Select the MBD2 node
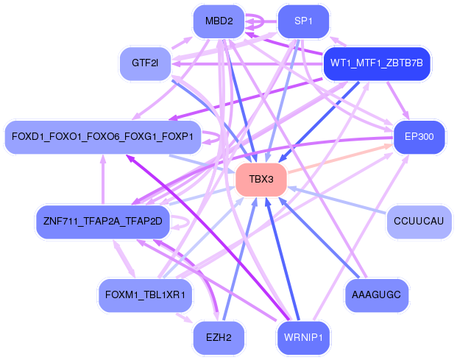[219, 21]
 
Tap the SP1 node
[303, 21]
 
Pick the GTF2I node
[145, 63]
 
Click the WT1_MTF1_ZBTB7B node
[376, 63]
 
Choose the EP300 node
[419, 137]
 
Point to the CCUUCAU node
[419, 222]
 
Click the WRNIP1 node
[303, 338]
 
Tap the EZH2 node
[219, 338]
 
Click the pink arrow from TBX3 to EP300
[339, 158]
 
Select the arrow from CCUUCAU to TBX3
[339, 200]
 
